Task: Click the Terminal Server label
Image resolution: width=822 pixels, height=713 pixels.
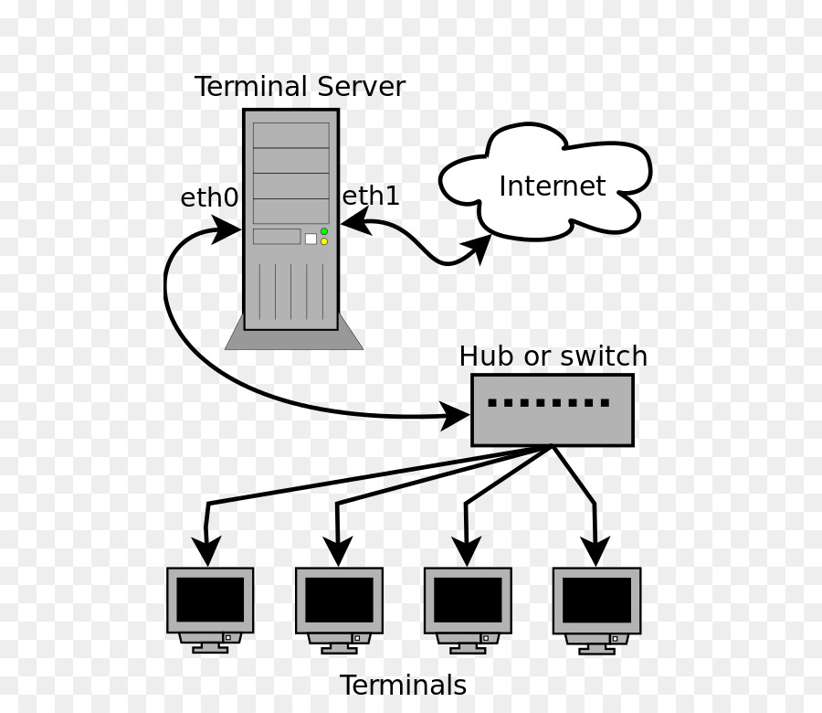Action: point(300,88)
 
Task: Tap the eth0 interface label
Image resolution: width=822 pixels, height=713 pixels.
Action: point(209,197)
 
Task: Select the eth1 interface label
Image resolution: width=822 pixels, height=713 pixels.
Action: point(371,196)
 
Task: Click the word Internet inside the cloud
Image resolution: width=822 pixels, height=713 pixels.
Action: point(552,186)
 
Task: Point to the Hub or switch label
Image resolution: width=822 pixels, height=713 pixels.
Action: point(553,356)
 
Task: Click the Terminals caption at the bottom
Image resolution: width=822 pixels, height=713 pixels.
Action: point(403,686)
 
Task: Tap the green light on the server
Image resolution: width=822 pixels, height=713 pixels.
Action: point(324,231)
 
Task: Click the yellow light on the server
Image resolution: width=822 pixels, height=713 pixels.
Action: point(324,241)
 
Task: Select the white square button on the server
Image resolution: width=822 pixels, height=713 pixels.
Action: point(311,239)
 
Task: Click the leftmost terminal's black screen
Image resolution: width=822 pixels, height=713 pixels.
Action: point(210,600)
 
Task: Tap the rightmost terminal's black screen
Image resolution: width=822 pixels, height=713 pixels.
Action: point(596,600)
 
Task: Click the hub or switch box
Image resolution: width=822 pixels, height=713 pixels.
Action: point(552,410)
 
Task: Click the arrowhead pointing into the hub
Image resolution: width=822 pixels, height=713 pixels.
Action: point(456,416)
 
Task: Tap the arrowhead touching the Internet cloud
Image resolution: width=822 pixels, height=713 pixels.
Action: point(478,247)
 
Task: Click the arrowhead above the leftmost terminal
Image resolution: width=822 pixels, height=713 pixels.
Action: point(207,550)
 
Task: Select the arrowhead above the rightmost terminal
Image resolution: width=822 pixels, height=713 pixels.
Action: point(595,550)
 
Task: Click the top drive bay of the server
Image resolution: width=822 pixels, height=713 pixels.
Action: point(290,135)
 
